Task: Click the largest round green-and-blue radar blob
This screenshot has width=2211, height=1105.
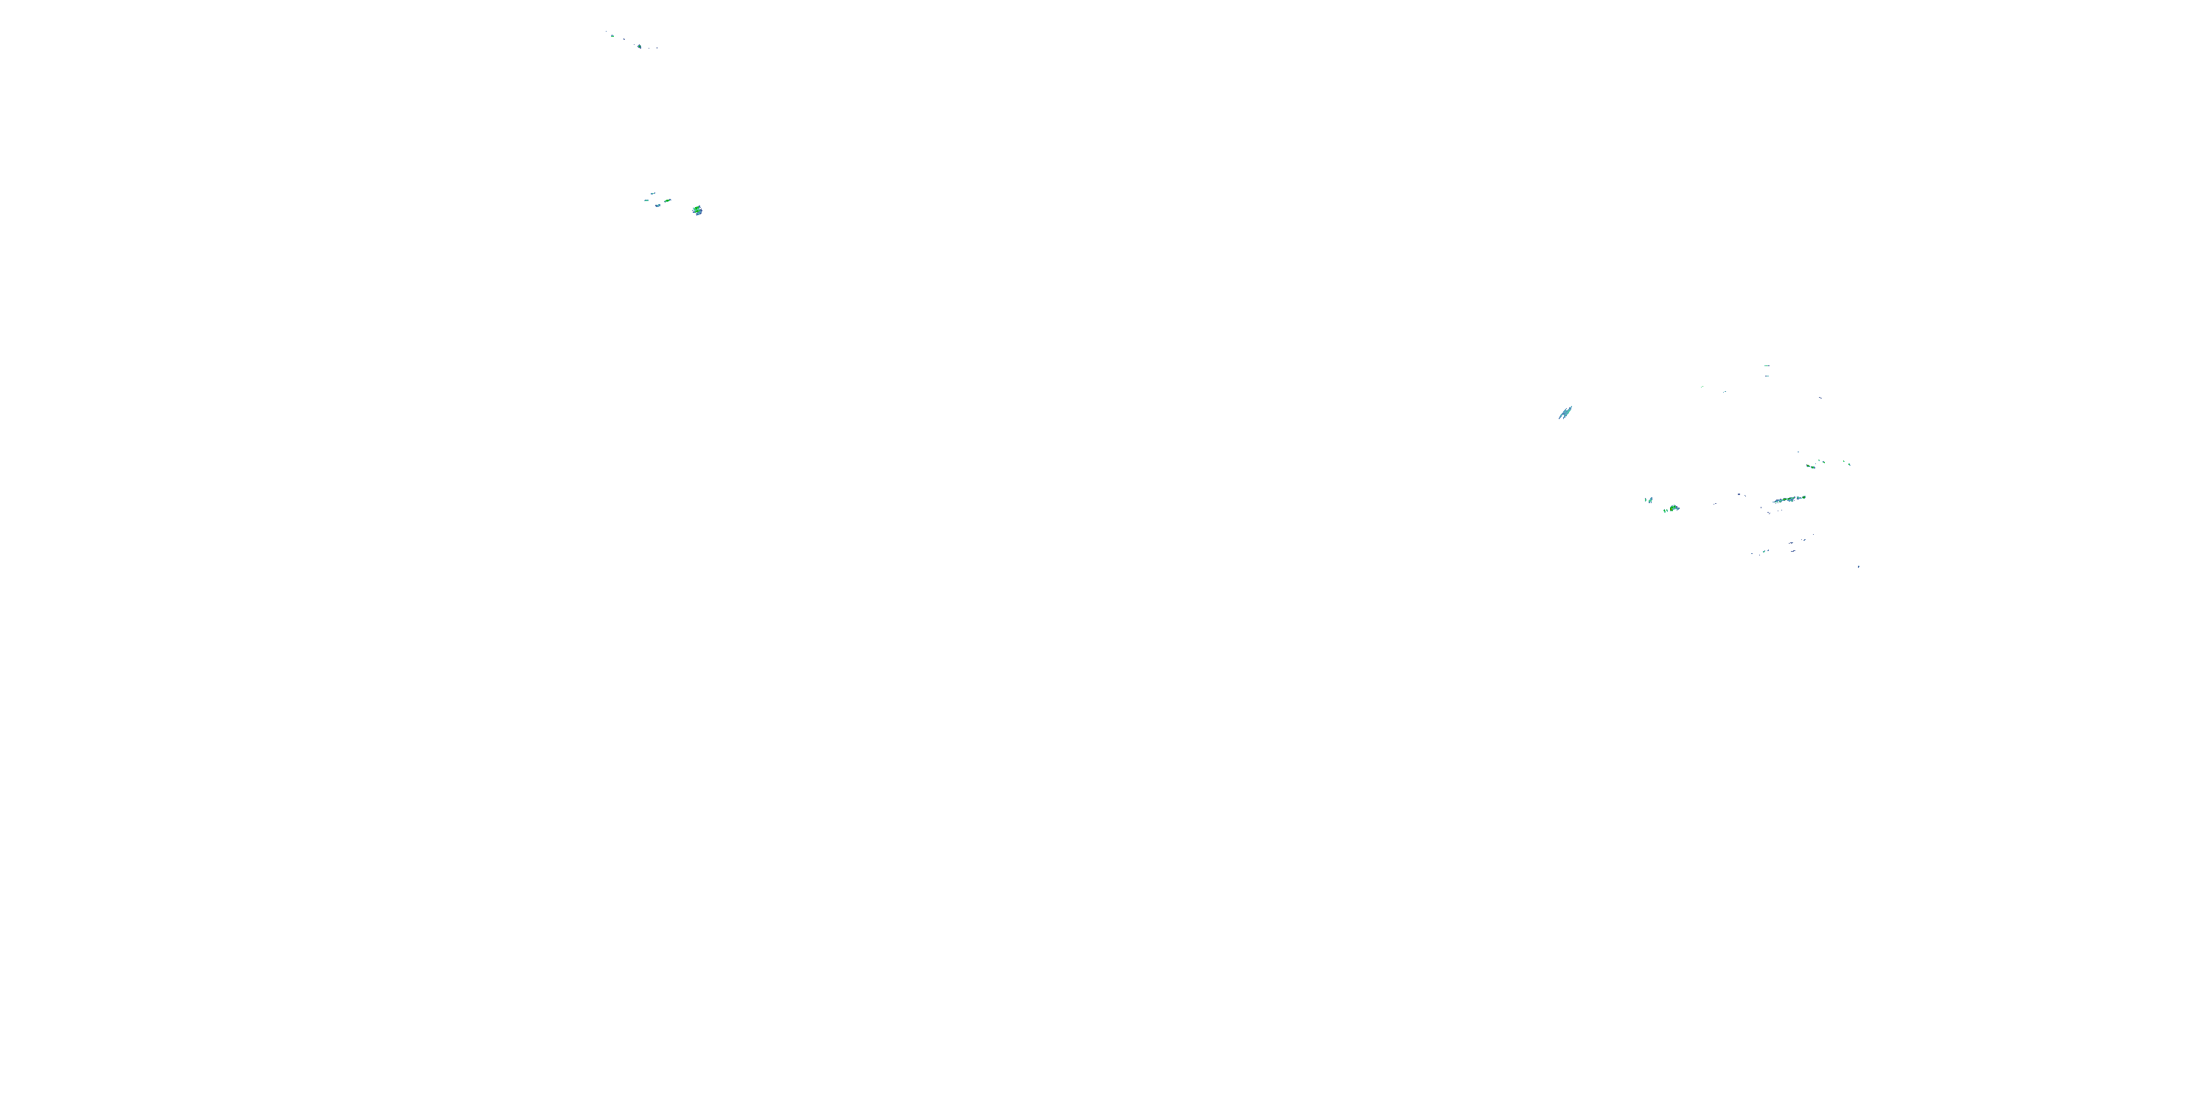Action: (x=698, y=210)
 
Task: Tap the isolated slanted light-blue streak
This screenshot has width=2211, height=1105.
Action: (x=1565, y=413)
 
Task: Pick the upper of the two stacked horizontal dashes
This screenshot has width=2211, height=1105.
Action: (x=1767, y=366)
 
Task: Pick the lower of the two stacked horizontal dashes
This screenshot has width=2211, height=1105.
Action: (x=1767, y=376)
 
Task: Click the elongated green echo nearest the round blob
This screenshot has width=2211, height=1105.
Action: (x=668, y=201)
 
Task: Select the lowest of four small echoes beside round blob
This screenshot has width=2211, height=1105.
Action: (x=658, y=206)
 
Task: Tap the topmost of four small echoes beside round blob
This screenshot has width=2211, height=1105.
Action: (x=653, y=194)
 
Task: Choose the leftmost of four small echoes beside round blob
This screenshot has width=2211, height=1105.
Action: (x=647, y=201)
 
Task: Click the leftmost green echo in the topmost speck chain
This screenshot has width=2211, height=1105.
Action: (x=613, y=36)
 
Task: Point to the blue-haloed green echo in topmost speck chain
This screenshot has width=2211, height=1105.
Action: (x=640, y=46)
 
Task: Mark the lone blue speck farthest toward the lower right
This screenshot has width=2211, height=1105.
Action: (x=1859, y=567)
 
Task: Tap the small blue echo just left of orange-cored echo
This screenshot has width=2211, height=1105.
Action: (x=1651, y=501)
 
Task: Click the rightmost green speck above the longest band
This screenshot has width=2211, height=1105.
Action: (x=1850, y=465)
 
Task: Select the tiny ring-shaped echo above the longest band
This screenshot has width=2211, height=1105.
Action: (x=1814, y=468)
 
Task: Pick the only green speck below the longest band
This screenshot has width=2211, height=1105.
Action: (x=1764, y=552)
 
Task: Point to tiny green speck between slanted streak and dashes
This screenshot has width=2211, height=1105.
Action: (x=1702, y=387)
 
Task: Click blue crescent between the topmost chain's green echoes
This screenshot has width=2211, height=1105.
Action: (x=625, y=40)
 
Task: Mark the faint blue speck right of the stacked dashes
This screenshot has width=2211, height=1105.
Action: (x=1820, y=398)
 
